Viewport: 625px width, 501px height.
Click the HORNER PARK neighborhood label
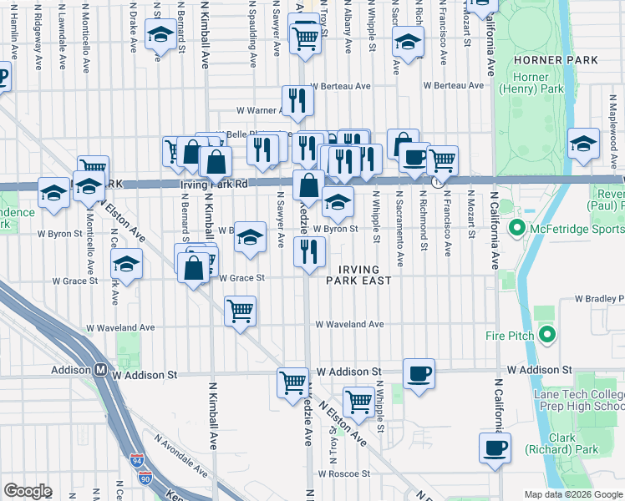556,60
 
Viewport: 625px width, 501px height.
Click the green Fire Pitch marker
547,336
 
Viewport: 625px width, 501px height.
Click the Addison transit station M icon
99,369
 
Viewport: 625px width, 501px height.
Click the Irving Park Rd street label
208,184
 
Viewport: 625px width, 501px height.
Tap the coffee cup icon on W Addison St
419,372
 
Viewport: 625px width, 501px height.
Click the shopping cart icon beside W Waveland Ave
241,311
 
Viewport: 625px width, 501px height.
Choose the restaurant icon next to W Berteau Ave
297,101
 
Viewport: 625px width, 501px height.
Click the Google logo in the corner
28,491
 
